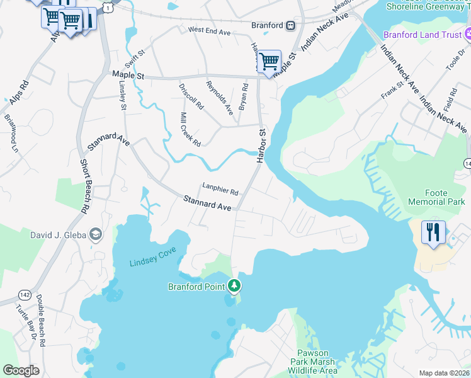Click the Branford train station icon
(x=290, y=25)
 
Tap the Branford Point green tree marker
(x=234, y=287)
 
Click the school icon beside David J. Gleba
(x=95, y=235)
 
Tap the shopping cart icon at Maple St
(x=269, y=62)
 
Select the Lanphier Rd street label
(x=220, y=188)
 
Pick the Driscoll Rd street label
(x=191, y=96)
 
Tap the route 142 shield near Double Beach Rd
(x=25, y=295)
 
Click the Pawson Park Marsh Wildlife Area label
(x=313, y=362)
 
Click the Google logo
(x=21, y=370)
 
